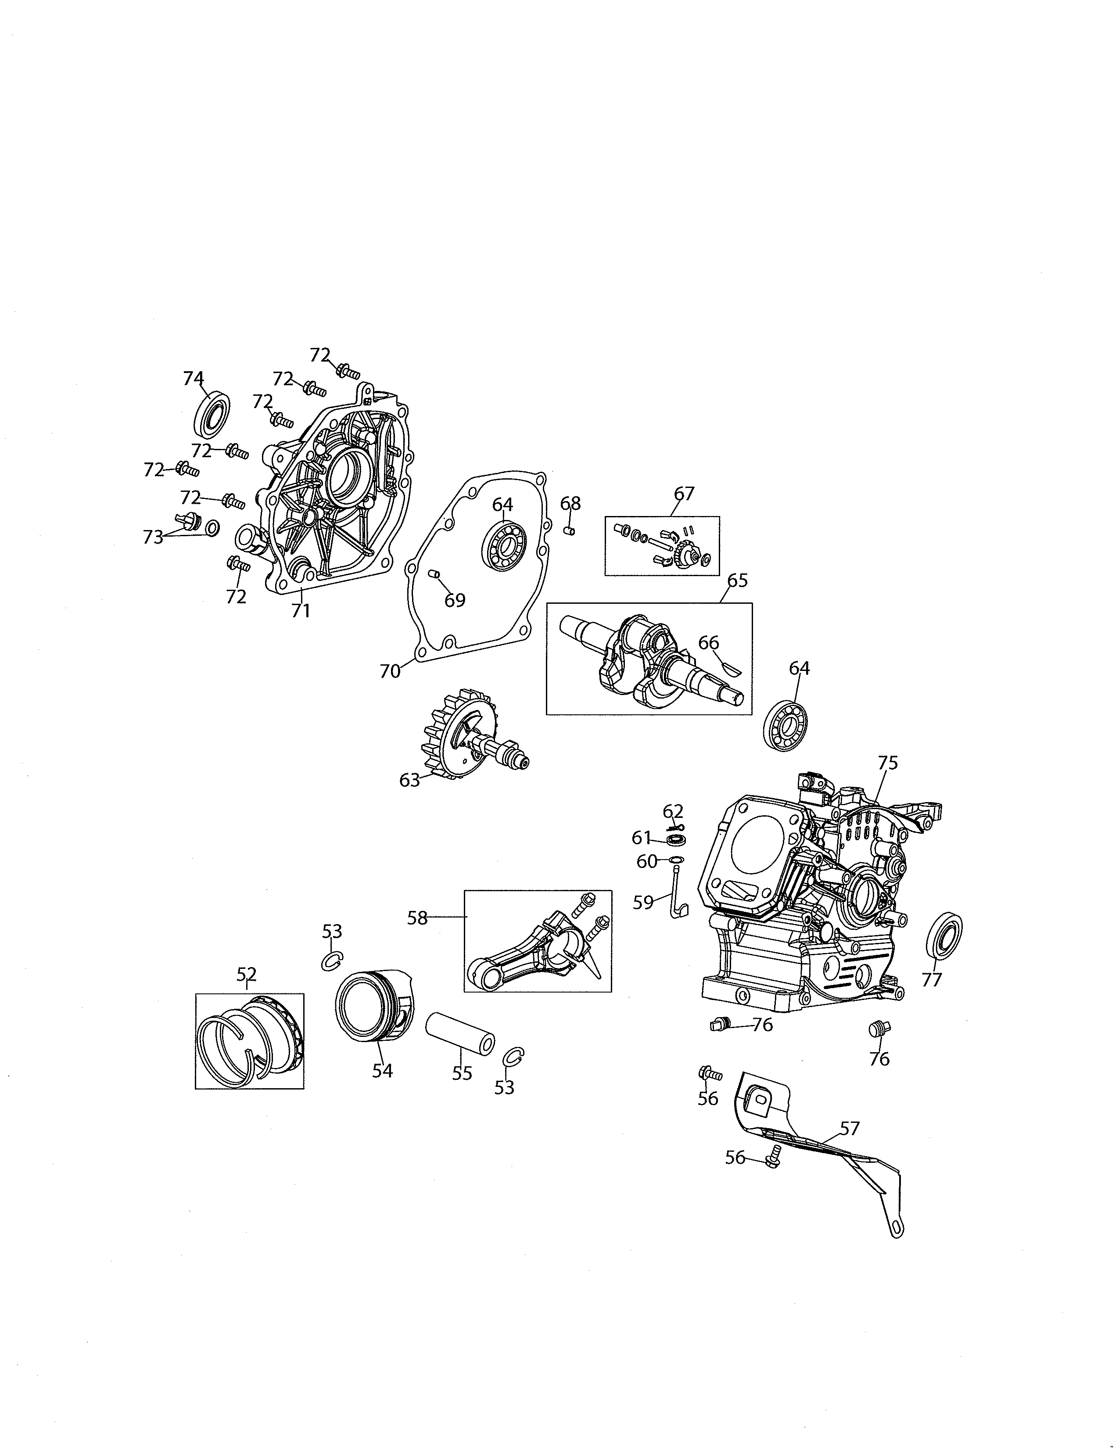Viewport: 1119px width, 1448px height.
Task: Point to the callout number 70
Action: (390, 671)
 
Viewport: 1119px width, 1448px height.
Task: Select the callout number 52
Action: (247, 974)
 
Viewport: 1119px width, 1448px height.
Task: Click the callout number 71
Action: (301, 610)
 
